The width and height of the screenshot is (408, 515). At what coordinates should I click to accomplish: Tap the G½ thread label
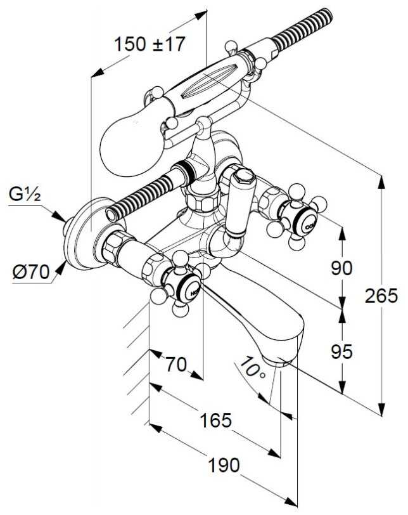[x=25, y=195]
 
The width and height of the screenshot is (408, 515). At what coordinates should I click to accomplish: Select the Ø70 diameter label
[x=30, y=273]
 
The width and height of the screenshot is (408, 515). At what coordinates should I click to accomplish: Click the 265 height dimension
[x=378, y=296]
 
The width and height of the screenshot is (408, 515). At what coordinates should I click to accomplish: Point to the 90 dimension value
[x=341, y=268]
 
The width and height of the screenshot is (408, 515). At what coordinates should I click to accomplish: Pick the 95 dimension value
[x=341, y=350]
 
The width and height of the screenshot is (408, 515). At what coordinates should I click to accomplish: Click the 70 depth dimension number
[x=175, y=365]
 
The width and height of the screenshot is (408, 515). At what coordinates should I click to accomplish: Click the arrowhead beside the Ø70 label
[x=61, y=267]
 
